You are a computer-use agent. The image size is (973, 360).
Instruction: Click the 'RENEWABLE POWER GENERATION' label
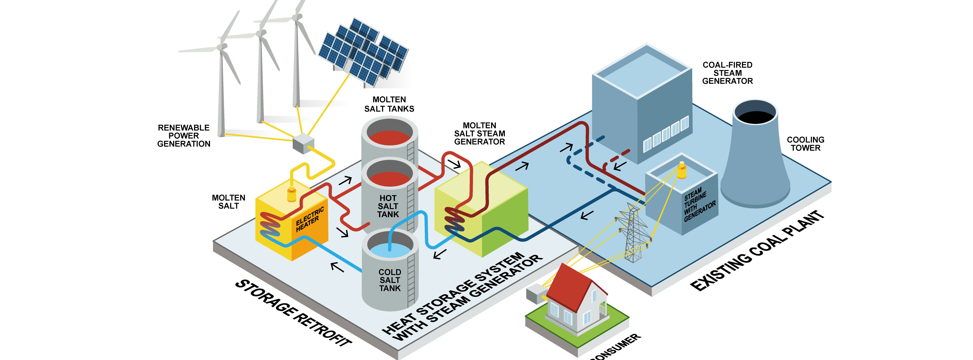click(184, 136)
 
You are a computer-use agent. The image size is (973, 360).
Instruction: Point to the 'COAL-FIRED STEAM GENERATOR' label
click(727, 73)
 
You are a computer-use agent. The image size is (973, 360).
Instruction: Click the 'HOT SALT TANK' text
click(388, 206)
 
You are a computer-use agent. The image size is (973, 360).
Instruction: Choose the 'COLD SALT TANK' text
click(390, 280)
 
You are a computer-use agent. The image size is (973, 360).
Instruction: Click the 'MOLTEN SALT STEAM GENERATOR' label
click(479, 133)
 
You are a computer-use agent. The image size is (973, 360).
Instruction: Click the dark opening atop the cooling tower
click(755, 117)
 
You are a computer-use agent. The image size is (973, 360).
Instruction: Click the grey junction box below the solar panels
click(303, 144)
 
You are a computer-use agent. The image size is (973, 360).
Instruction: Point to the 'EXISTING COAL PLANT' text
click(757, 251)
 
